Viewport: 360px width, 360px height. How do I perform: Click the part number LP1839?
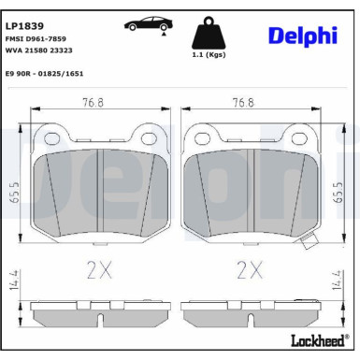[x=22, y=16]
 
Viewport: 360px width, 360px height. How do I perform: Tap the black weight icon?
[x=209, y=36]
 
